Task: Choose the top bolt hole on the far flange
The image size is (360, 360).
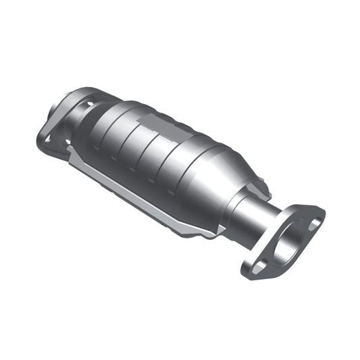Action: click(88, 105)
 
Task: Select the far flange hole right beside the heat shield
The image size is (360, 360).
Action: click(68, 142)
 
